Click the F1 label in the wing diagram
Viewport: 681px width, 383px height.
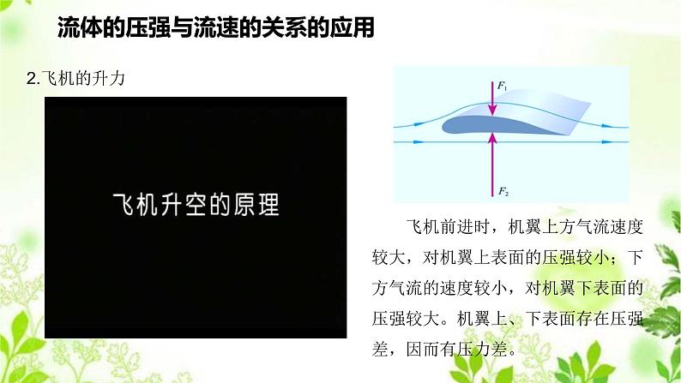(502, 86)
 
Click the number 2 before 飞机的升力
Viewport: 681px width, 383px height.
(31, 79)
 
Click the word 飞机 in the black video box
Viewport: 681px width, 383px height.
(132, 206)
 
